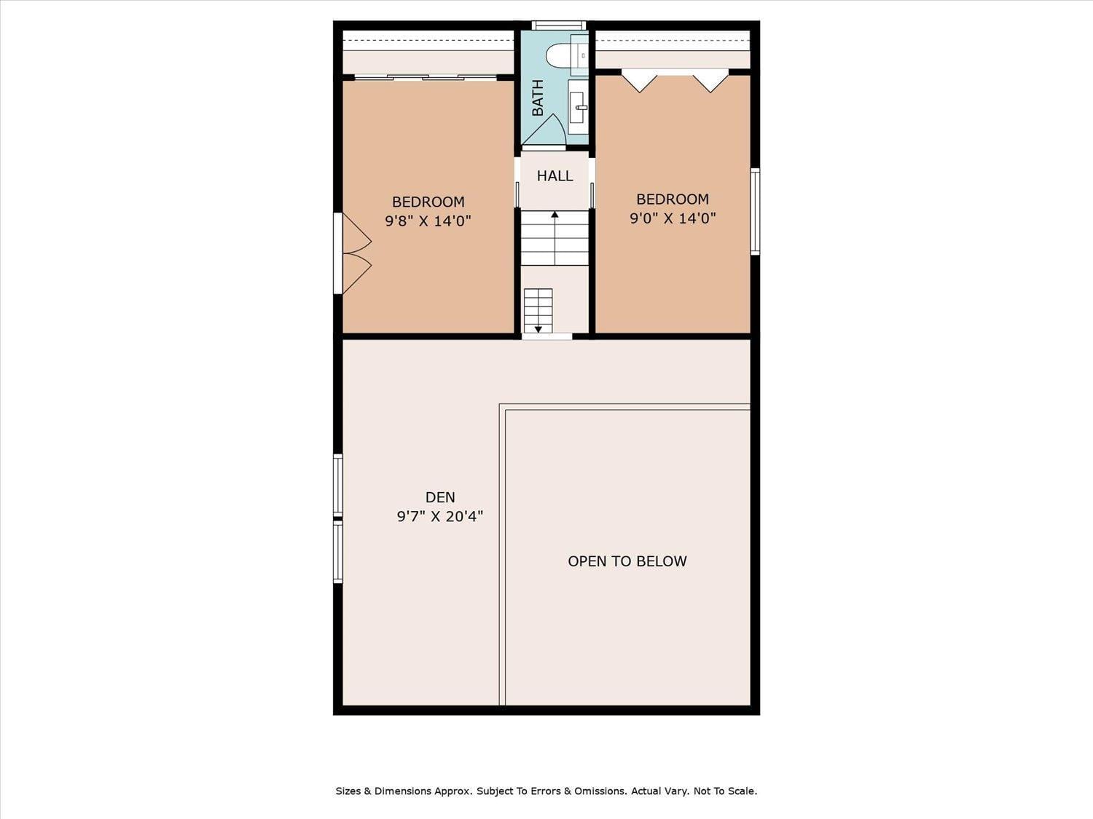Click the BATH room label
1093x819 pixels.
coord(538,98)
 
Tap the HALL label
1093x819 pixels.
coord(555,175)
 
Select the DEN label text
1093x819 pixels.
coord(440,497)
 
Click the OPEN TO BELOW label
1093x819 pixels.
coord(627,561)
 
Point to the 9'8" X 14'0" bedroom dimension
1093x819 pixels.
coord(428,221)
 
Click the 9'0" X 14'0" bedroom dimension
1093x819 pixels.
coord(673,218)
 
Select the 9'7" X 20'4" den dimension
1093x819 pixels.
coord(440,517)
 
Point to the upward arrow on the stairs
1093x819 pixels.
coord(555,215)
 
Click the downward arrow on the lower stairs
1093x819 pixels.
coord(538,328)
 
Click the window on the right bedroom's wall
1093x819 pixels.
coord(755,211)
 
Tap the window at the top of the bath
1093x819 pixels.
coord(558,25)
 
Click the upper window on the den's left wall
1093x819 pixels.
coord(338,485)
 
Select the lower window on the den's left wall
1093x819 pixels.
coord(338,553)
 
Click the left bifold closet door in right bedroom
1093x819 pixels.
coord(639,80)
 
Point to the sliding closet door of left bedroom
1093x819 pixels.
coord(426,77)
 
